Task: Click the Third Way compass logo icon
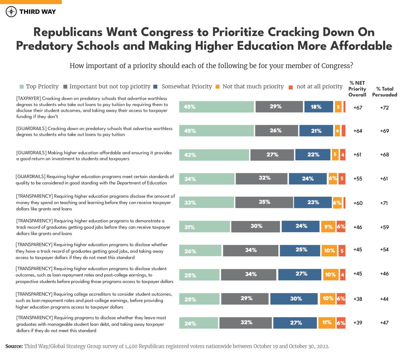click(11, 12)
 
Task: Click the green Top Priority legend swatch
click(22, 87)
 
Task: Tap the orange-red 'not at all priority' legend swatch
click(290, 87)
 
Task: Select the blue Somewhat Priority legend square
click(155, 87)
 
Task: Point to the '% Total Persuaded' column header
click(384, 92)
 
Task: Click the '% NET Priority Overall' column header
click(357, 89)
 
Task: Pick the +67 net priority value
click(358, 108)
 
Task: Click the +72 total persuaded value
click(384, 108)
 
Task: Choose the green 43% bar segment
click(214, 155)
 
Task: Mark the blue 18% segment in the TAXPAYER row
click(318, 107)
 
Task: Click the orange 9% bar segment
click(328, 227)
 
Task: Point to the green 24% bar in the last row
click(198, 323)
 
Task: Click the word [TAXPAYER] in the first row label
click(28, 98)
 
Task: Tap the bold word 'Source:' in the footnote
click(14, 346)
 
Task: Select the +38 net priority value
click(358, 299)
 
